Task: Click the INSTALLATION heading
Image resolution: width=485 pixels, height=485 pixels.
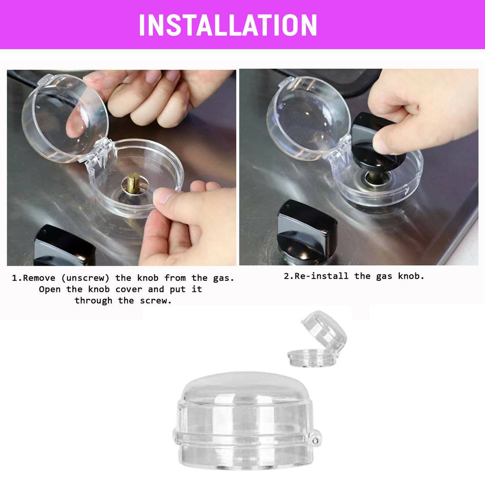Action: pos(228,25)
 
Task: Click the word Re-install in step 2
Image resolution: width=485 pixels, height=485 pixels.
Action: pos(322,276)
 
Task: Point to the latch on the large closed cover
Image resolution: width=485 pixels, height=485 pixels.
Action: pos(314,438)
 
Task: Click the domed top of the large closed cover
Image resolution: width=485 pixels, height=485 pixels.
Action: pos(243,386)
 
